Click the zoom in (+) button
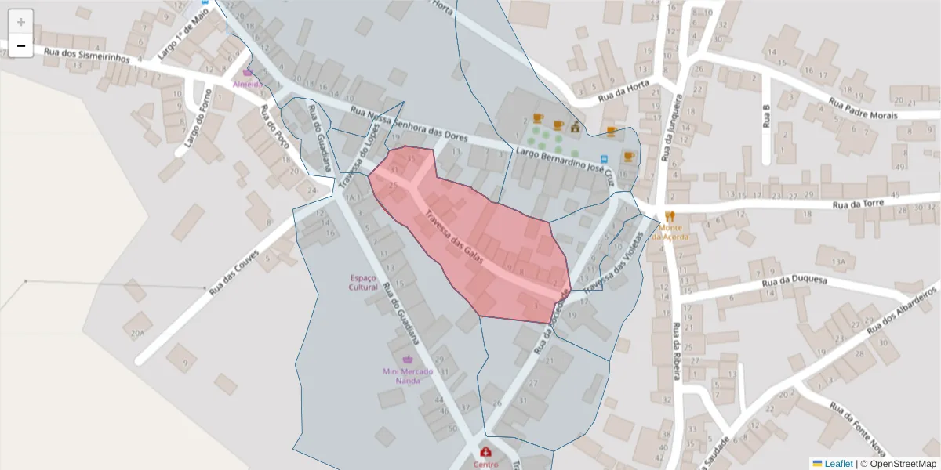point(21,22)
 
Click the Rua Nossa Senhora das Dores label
point(409,124)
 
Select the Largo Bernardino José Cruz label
point(561,163)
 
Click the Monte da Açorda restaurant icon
point(670,216)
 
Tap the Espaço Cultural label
point(363,282)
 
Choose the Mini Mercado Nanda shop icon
point(407,360)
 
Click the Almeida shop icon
point(248,72)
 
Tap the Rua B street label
point(767,115)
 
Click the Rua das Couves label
point(233,270)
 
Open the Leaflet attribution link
point(838,464)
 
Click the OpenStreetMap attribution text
point(898,464)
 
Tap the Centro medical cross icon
point(485,452)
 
